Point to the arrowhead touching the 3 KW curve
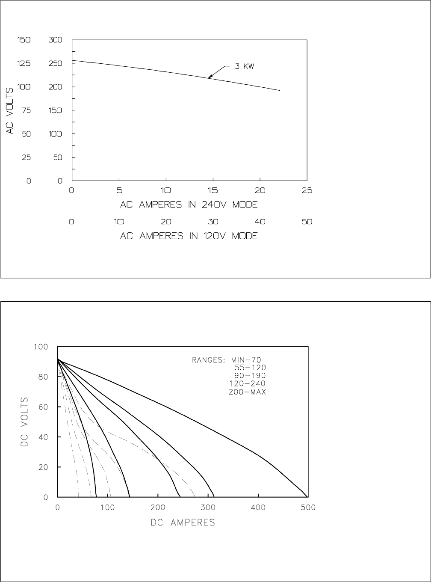click(x=209, y=77)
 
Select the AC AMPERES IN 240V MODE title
click(x=189, y=205)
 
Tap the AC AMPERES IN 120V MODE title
click(x=189, y=236)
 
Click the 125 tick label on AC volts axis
click(x=24, y=63)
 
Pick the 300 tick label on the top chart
click(x=56, y=40)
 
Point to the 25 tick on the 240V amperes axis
click(x=307, y=191)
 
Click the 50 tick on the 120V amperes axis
click(x=307, y=222)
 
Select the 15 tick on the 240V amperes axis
click(x=213, y=191)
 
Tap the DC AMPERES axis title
click(x=183, y=523)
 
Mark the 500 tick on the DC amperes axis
click(x=308, y=508)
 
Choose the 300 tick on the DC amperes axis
click(x=208, y=508)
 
